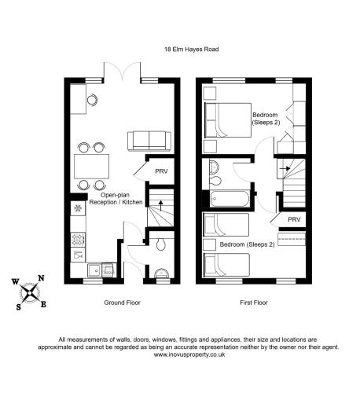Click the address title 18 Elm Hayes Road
coord(191,50)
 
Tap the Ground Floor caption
coord(123,303)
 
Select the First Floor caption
coord(254,303)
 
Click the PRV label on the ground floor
coord(161,171)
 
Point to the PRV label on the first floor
coord(294,219)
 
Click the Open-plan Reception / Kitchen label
coord(116,199)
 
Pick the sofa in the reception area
coord(149,141)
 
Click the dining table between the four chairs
coord(91,167)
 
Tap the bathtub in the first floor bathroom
coord(230,199)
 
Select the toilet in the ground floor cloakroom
coord(160,244)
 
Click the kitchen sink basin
coord(94,270)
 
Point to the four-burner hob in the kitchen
coord(78,239)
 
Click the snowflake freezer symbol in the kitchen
coord(78,208)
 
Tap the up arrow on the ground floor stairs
coord(160,205)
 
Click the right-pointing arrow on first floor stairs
coord(285,168)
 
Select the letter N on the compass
coord(41,278)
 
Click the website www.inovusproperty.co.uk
coord(189,354)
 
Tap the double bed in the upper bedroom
coord(228,120)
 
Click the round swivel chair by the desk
coord(92,100)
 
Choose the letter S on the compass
coord(19,307)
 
